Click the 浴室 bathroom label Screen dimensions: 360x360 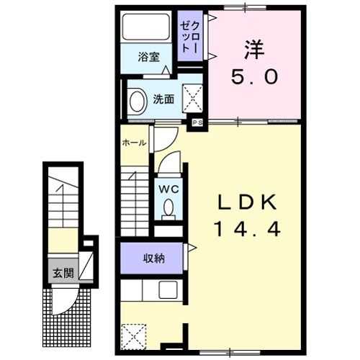coord(149,57)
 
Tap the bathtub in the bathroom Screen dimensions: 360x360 coord(146,27)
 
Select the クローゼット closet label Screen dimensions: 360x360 coord(190,37)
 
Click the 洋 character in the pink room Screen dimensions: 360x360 coord(254,50)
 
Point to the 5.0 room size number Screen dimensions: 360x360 coord(254,77)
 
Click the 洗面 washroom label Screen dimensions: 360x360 coord(163,99)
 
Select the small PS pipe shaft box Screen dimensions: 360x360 coord(197,122)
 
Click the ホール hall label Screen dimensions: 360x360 coord(134,143)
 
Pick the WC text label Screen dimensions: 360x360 coord(169,189)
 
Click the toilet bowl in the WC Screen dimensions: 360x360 coord(168,208)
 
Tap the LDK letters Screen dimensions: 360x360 coord(247,202)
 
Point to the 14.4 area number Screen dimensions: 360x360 coord(247,229)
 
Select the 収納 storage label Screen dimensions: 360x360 coord(154,258)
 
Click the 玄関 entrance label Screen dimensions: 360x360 coord(63,273)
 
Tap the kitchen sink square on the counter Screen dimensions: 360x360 coord(168,290)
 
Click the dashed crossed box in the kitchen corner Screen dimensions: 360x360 coord(134,336)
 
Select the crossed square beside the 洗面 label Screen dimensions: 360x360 coord(192,98)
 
